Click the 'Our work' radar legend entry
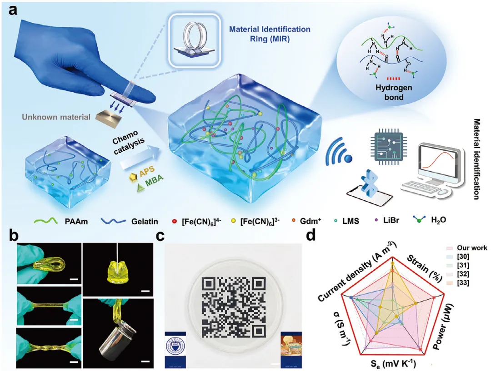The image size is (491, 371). (471, 248)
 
